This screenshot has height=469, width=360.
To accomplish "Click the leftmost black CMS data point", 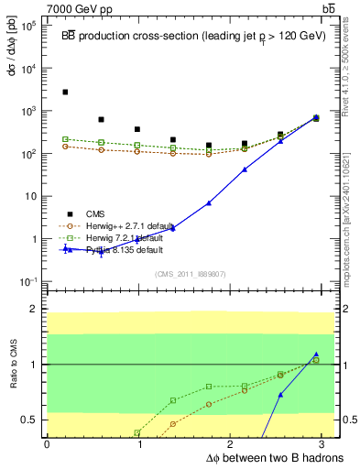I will click(65, 92).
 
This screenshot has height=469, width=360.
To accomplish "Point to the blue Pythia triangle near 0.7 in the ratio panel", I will click(280, 395).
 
